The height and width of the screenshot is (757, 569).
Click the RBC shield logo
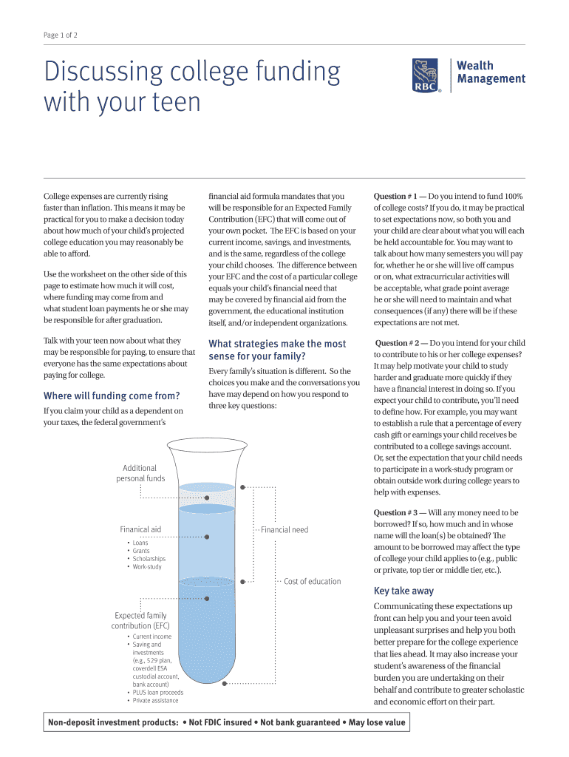[426, 76]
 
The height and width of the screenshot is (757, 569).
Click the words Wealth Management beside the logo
[491, 72]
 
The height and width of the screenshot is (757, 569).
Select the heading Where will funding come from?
[112, 396]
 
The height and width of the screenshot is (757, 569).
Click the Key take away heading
[403, 591]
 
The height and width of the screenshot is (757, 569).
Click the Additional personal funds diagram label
[140, 473]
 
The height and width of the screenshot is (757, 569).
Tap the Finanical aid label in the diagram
[140, 529]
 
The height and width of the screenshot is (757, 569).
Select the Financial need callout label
[284, 529]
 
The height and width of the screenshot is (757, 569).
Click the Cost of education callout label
[312, 581]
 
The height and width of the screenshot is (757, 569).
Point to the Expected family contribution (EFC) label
[140, 620]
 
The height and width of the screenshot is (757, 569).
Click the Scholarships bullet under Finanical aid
[149, 559]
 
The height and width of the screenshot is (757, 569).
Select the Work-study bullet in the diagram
[147, 567]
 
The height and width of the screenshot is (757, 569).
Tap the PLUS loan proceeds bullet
[158, 693]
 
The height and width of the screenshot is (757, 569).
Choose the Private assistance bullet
[155, 701]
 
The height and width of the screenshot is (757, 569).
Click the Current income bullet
[151, 637]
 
